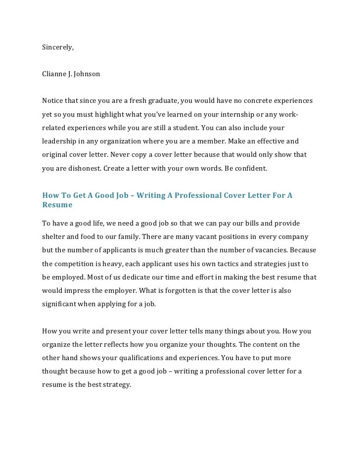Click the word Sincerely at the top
(57, 47)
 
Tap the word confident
(250, 168)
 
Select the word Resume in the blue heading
(57, 204)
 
